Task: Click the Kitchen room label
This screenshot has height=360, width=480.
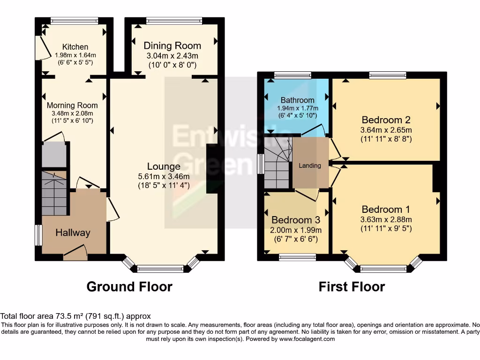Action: coord(75,47)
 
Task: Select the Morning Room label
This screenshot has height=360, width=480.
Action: coord(72,105)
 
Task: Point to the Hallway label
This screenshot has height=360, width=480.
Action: coord(73,232)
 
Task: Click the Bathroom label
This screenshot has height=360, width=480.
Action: coord(297,100)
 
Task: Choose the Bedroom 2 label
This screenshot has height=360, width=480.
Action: coord(382,120)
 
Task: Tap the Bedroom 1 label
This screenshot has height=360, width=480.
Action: coord(382,210)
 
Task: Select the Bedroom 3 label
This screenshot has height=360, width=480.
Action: coord(292,220)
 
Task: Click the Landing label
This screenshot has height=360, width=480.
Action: coord(310,165)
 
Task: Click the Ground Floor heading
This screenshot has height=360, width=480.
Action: coord(129,286)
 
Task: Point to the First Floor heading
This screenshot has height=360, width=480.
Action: coord(352,286)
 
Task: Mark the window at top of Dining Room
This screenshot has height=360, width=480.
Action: coord(174,21)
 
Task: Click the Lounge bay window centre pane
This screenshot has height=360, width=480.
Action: coord(160,269)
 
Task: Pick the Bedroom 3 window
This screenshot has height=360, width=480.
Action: coord(297,257)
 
